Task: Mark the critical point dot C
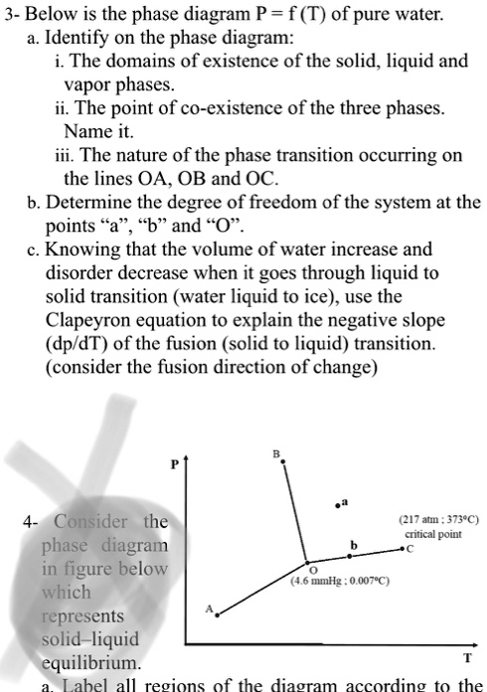point(401,548)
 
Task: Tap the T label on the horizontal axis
point(468,658)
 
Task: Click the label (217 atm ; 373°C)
point(429,519)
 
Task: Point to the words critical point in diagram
point(429,534)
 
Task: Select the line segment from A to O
point(262,589)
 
